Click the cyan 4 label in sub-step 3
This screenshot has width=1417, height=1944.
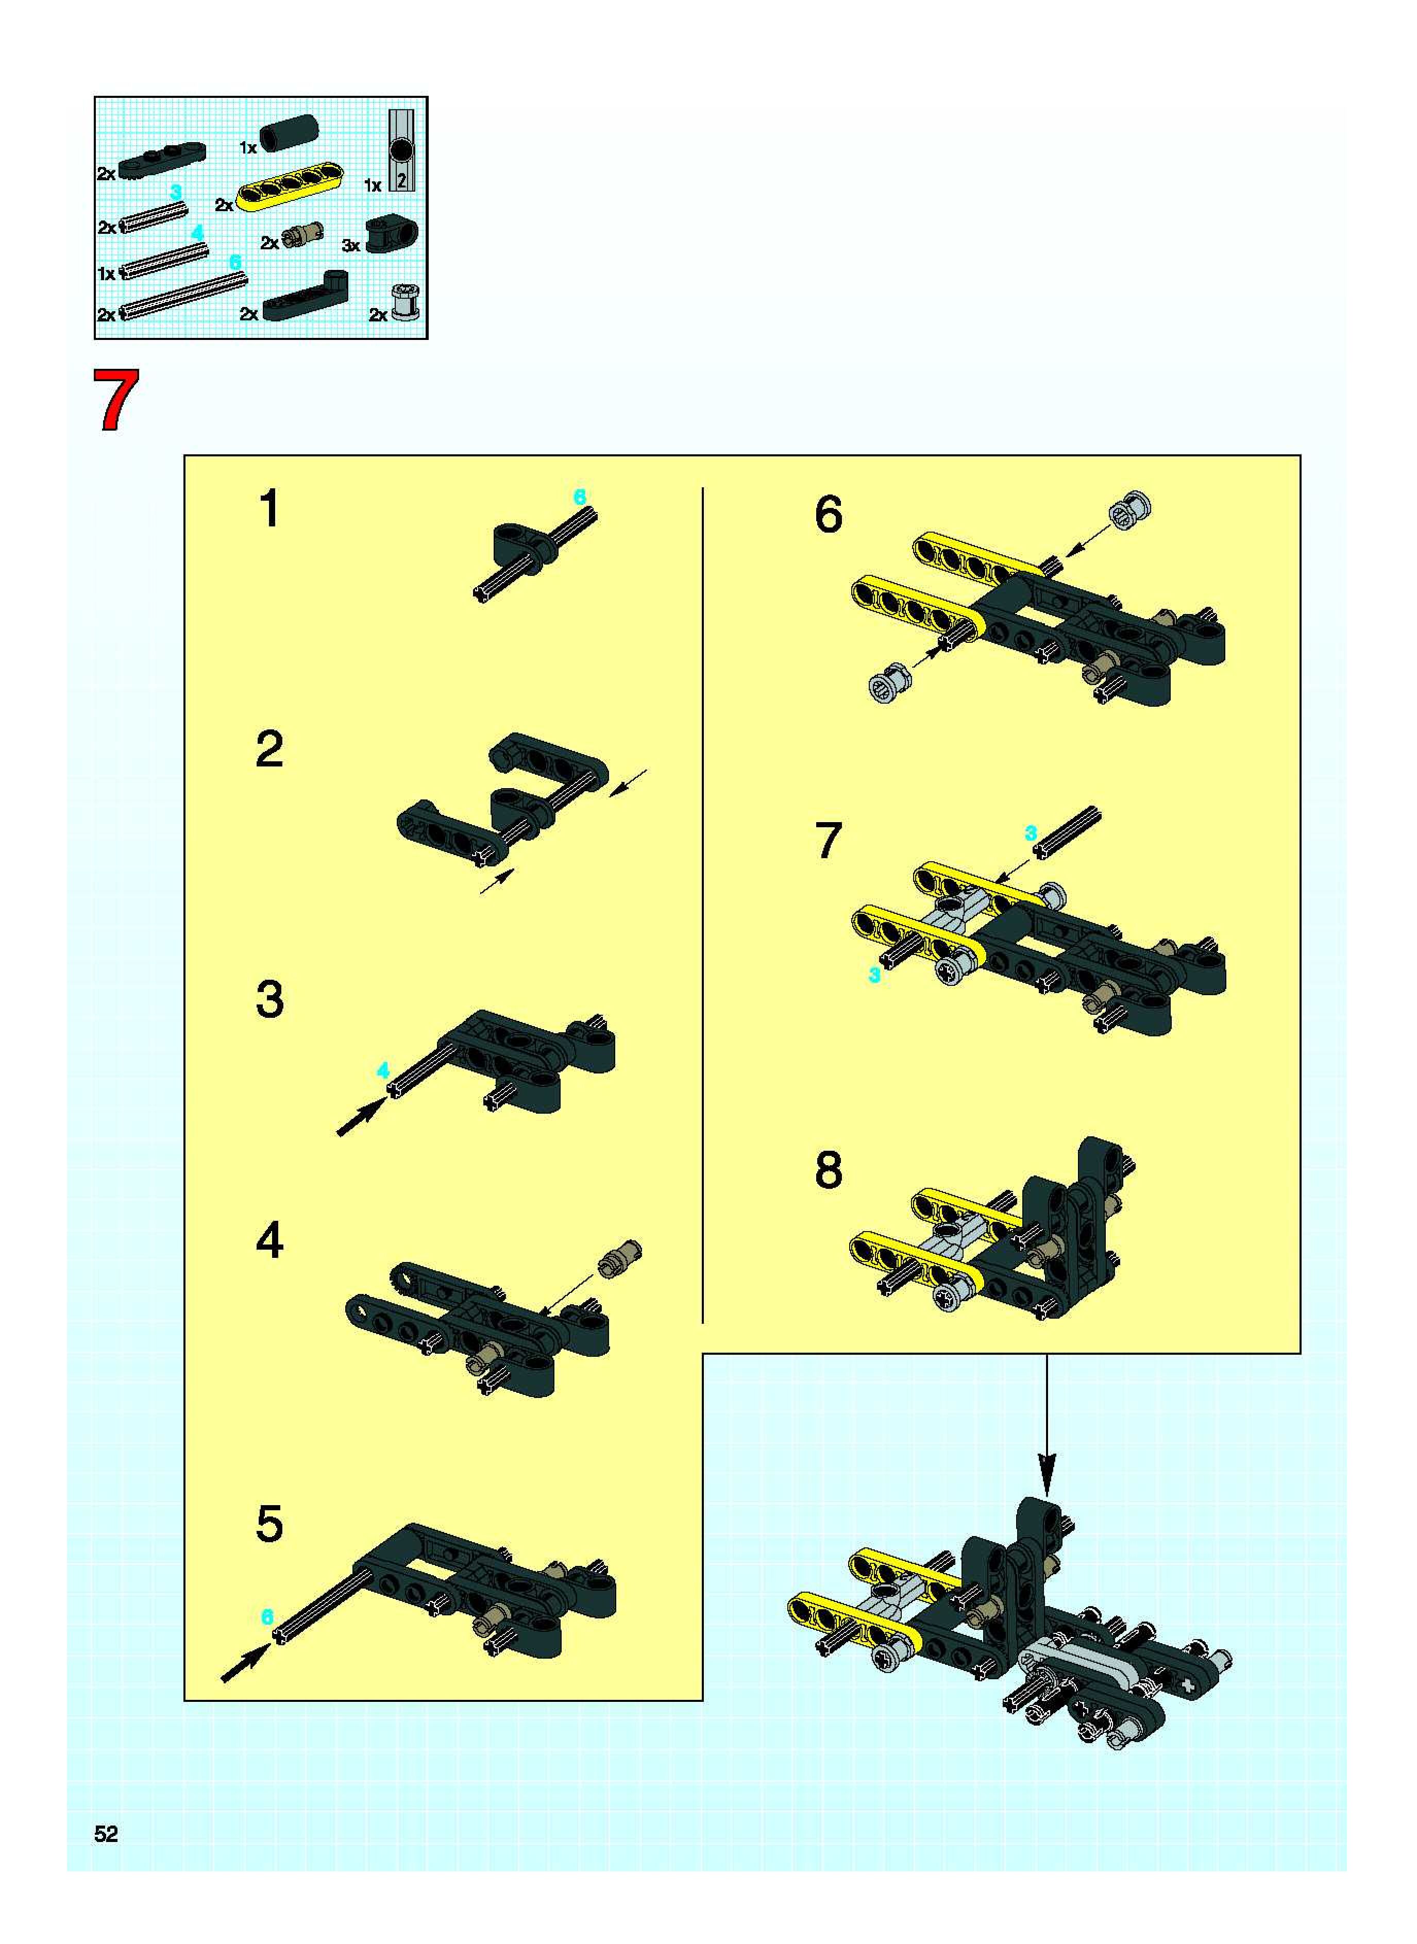(383, 1070)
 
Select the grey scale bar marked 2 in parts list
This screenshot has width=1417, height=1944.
(401, 150)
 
